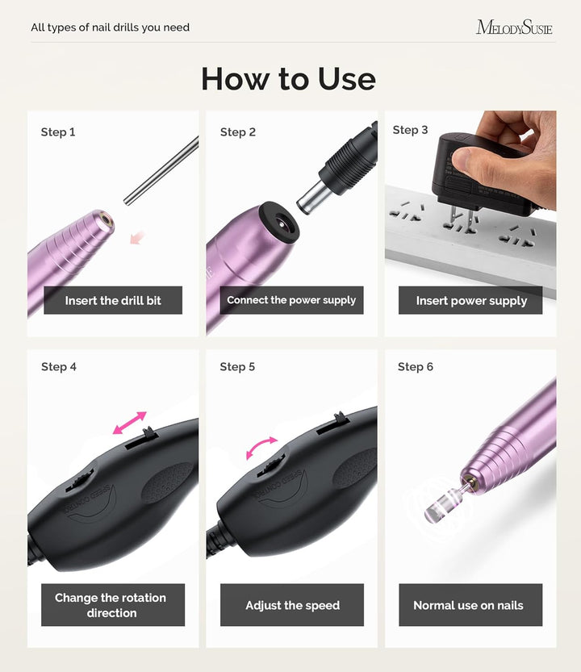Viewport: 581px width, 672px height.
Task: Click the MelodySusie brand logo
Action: click(514, 27)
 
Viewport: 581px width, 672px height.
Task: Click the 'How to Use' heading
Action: click(288, 79)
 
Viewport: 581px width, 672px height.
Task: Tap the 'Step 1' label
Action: click(58, 132)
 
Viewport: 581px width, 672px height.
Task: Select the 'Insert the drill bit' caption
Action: click(113, 300)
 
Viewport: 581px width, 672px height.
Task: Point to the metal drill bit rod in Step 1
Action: click(162, 170)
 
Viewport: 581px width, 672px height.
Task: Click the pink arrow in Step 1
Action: click(138, 237)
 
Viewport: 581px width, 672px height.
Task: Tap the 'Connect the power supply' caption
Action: click(291, 300)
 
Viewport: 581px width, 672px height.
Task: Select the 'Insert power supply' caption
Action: click(471, 301)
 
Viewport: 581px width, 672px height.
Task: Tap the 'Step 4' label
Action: click(59, 367)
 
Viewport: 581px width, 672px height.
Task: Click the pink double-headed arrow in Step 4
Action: click(129, 422)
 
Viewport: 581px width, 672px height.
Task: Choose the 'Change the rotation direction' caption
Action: click(111, 605)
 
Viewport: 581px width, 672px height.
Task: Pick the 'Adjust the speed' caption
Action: click(292, 605)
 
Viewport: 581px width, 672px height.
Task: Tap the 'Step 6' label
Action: click(416, 367)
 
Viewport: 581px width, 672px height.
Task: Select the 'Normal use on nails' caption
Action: click(468, 605)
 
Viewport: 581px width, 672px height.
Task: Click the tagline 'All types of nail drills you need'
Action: click(111, 27)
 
